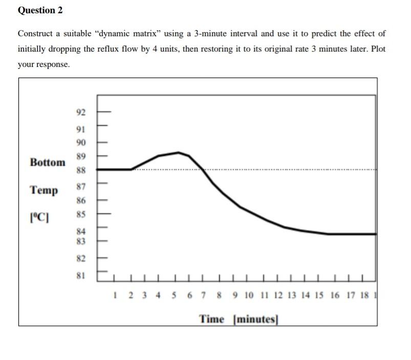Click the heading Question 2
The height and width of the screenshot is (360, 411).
coord(36,10)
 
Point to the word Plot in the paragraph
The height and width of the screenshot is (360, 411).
coord(377,50)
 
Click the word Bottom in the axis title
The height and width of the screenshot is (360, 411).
coord(48,163)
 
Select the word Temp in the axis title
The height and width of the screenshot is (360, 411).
coord(44,190)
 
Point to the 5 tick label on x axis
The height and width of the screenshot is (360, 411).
coord(174,295)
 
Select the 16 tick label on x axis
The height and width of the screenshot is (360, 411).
coord(335,295)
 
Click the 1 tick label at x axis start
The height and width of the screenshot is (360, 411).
coord(116,295)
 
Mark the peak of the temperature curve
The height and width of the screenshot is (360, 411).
coord(179,152)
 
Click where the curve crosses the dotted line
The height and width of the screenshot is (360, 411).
coord(201,169)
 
